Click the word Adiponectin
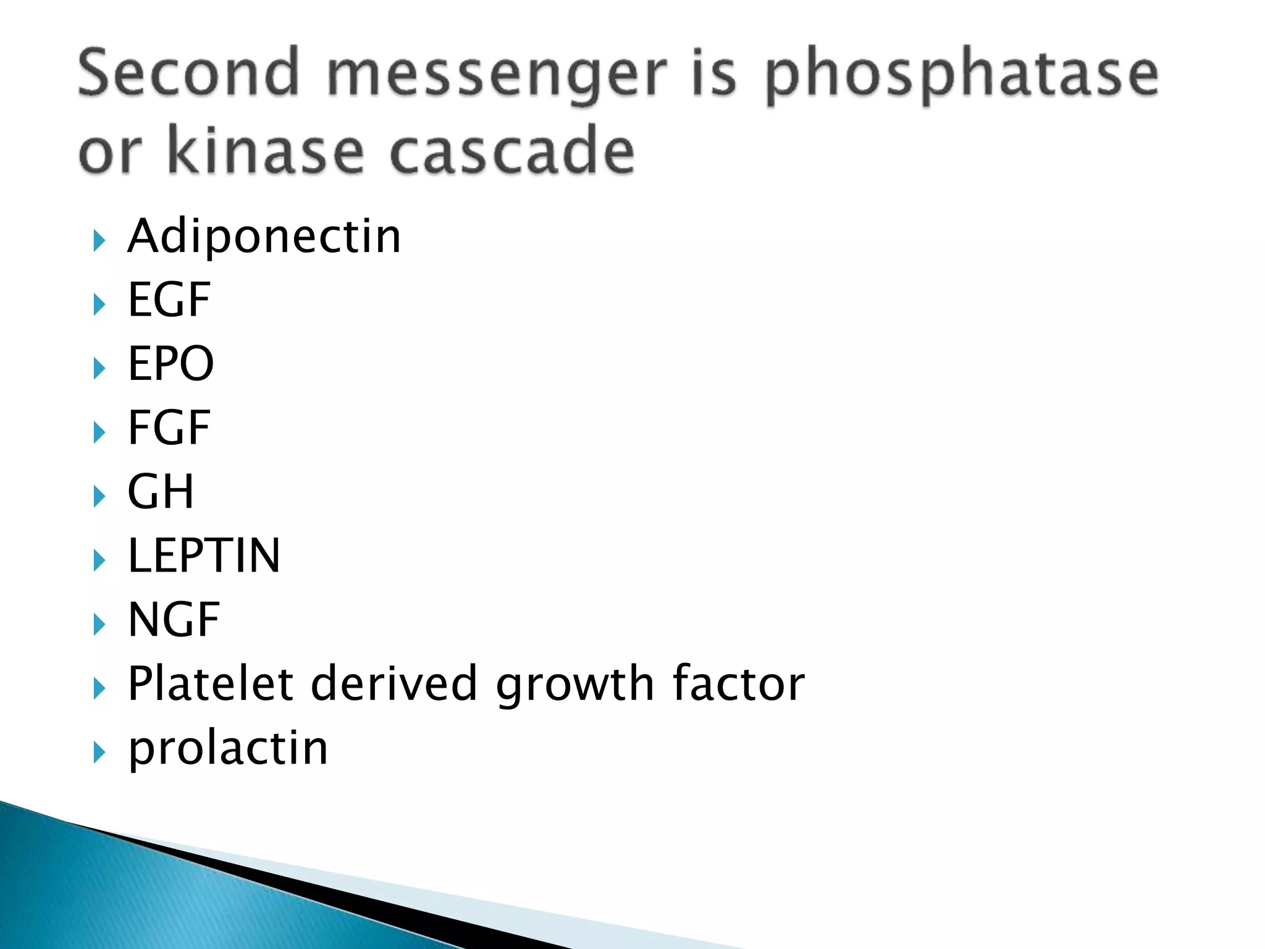[x=264, y=237]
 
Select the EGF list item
[x=169, y=300]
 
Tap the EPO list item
[x=171, y=364]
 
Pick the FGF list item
[x=169, y=428]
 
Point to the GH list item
[x=161, y=492]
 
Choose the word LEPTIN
[x=204, y=555]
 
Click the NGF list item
[x=174, y=620]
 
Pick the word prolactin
[x=228, y=749]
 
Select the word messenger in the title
[x=497, y=77]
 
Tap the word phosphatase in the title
[x=961, y=77]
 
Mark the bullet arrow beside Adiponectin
[x=99, y=240]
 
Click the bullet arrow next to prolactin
[x=99, y=752]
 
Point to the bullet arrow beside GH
[x=99, y=496]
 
